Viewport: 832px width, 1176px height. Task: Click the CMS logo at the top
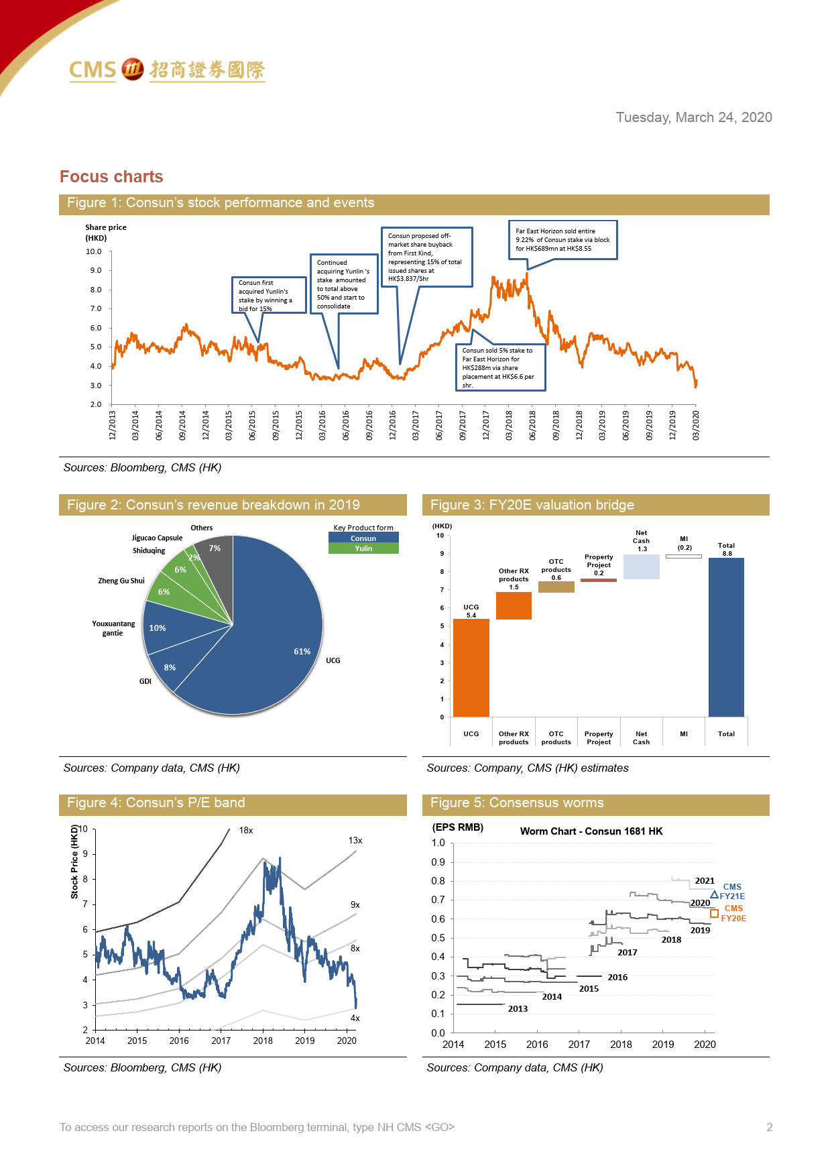167,70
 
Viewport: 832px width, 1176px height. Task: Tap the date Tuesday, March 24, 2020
693,117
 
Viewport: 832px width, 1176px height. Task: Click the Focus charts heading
111,176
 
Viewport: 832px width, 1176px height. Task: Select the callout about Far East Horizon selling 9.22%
562,239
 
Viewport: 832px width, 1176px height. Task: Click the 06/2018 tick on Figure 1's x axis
532,425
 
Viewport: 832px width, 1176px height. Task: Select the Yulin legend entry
363,548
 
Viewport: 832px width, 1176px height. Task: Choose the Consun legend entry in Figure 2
363,538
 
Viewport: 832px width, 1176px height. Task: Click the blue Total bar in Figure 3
726,637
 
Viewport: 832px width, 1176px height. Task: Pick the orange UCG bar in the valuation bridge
471,667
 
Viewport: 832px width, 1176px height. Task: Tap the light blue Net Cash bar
641,567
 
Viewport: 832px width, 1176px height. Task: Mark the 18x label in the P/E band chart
246,830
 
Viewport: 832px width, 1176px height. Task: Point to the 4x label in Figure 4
355,1018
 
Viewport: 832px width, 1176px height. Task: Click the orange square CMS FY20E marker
714,913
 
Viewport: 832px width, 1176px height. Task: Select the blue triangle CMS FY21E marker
714,895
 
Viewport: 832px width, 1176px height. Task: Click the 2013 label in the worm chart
518,1008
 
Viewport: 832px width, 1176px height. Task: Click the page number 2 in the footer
770,1127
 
